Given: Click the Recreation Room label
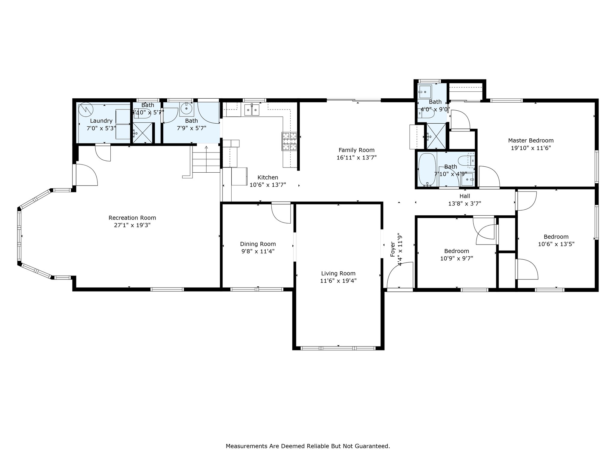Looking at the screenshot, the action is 132,218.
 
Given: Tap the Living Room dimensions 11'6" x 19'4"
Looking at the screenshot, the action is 338,281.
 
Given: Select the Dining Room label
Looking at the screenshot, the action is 258,244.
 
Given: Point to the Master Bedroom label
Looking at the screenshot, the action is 531,140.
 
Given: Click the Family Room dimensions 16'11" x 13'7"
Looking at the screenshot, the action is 357,158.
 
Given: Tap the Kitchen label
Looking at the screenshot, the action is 268,177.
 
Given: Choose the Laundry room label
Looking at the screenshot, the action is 101,121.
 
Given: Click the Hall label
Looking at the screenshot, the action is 465,196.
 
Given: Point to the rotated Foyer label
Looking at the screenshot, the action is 393,249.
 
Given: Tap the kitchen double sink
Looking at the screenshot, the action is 252,110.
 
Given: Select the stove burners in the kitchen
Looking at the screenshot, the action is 289,141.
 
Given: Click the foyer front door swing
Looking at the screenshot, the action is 400,275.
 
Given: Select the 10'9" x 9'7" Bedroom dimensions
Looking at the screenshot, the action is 457,258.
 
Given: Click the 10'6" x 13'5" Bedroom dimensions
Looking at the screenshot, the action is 556,244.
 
